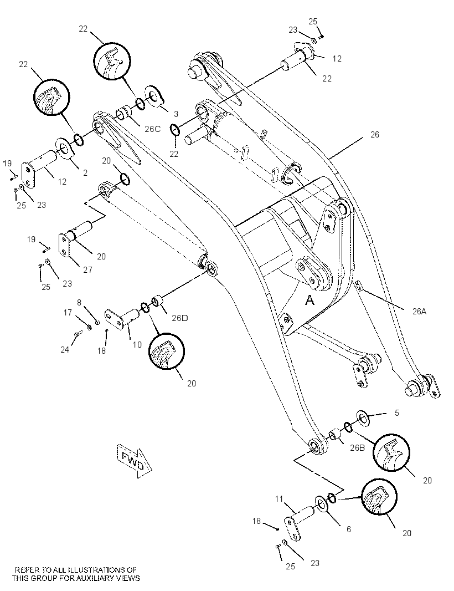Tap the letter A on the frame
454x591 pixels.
309,300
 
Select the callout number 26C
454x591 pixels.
152,129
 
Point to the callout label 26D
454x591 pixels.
179,318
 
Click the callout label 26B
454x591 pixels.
357,448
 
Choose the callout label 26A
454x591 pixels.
419,312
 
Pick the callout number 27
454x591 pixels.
87,270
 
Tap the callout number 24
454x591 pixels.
65,350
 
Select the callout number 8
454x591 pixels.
79,302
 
